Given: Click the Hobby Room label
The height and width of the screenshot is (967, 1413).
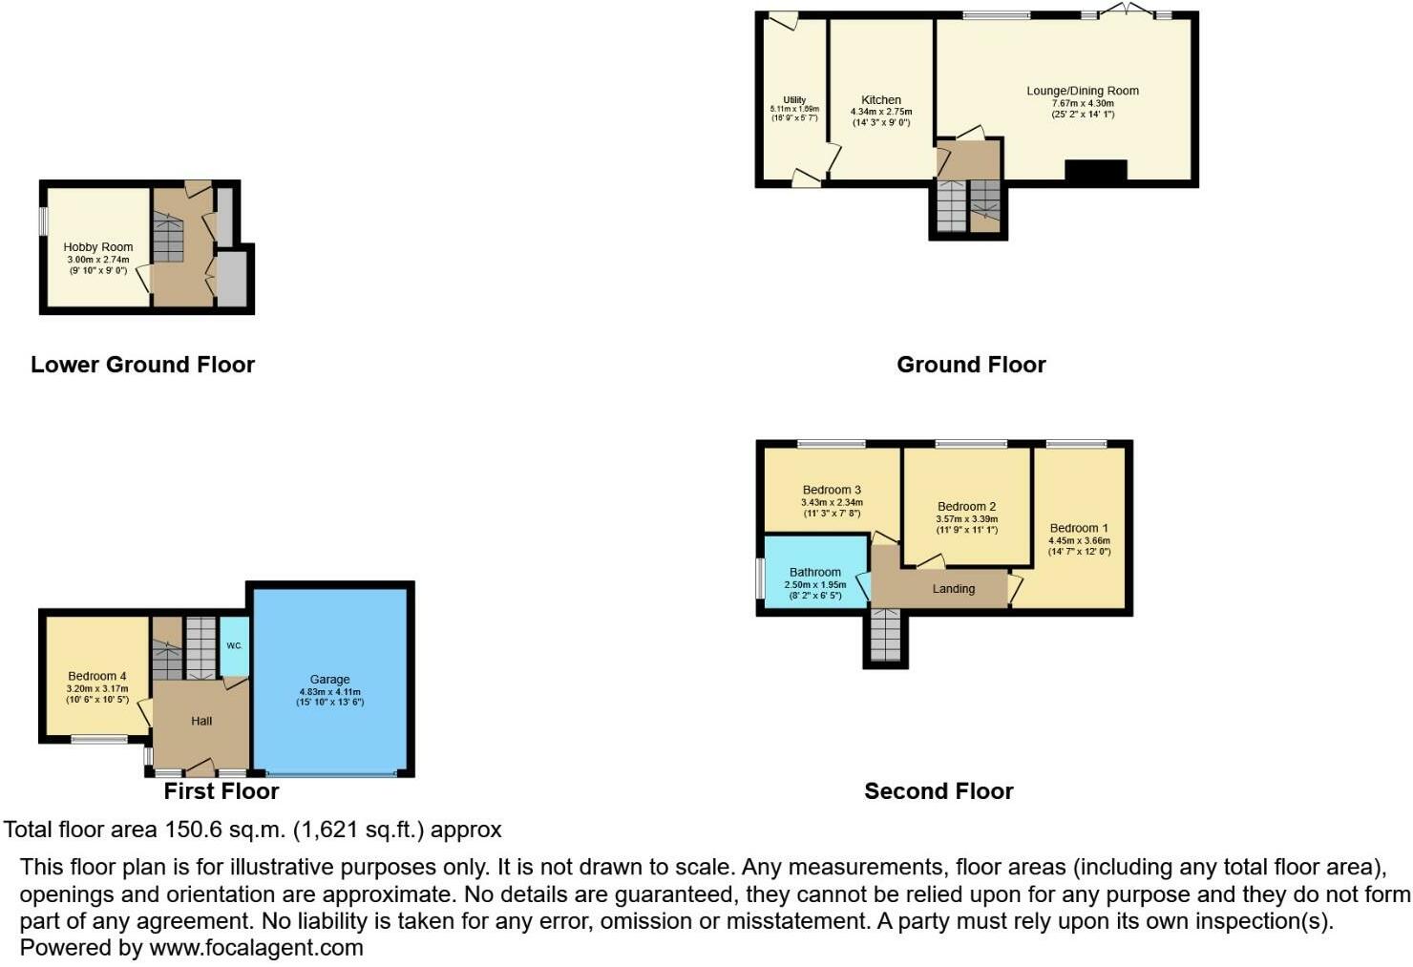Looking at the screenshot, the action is coord(97,247).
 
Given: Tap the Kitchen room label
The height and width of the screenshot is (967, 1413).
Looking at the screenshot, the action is coord(881,99).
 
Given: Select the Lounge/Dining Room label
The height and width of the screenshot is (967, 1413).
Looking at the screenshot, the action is coord(1083,91).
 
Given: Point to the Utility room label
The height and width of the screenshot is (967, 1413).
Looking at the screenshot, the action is coord(794,99).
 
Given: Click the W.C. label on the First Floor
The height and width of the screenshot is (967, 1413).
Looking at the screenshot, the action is coord(234,645).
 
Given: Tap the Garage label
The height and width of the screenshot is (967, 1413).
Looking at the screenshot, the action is coord(329,680).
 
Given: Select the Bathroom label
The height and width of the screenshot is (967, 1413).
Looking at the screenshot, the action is coord(815,572).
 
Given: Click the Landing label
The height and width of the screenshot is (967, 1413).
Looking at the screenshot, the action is coord(953,589).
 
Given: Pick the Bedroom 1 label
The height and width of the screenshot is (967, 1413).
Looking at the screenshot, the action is coord(1079,528).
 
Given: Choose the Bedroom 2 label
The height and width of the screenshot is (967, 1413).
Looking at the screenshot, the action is coord(966,507).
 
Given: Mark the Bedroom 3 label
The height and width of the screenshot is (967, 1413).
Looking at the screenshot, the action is coord(832,490).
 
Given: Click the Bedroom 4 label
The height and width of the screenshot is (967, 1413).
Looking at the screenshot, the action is coord(97,676).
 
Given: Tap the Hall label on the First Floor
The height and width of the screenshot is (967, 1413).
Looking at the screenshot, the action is coord(201,721).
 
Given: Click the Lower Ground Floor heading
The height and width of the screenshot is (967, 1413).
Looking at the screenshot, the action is coord(142,365).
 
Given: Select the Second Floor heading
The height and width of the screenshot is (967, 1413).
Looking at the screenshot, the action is coord(938,791).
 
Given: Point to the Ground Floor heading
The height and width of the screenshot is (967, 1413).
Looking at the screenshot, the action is coord(971,365).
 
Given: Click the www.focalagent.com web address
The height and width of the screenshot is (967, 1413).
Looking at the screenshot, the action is coord(256,948).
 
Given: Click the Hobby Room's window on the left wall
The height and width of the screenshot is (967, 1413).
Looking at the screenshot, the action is coord(43,221).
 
